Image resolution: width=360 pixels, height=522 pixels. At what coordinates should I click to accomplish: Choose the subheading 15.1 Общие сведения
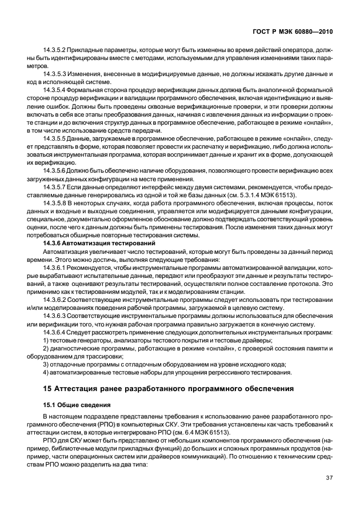click(x=73, y=405)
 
